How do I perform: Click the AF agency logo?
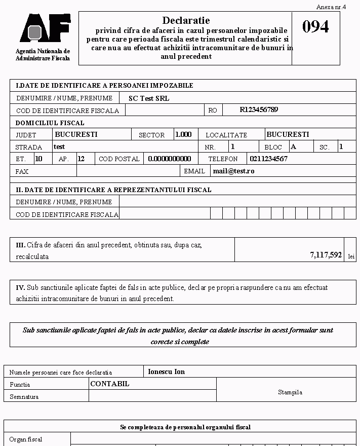tap(45, 29)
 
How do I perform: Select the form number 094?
tap(315, 27)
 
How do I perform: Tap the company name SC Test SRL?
tap(149, 98)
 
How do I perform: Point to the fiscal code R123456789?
tap(259, 109)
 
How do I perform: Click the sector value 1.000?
tap(183, 134)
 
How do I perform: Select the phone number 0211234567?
tap(268, 159)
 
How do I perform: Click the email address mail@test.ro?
tap(233, 171)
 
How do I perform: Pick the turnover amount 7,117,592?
tap(326, 255)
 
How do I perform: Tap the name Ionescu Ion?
tap(166, 371)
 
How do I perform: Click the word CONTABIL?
tap(110, 384)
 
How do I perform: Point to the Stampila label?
tap(290, 392)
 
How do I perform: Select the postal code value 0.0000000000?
tap(170, 159)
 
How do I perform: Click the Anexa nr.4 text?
tap(331, 7)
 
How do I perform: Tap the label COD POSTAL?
tap(119, 159)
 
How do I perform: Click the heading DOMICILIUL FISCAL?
tap(50, 123)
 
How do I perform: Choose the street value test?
tap(59, 146)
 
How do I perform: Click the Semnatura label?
tap(24, 397)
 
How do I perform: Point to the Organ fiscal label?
tap(26, 439)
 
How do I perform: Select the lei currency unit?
tap(351, 256)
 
